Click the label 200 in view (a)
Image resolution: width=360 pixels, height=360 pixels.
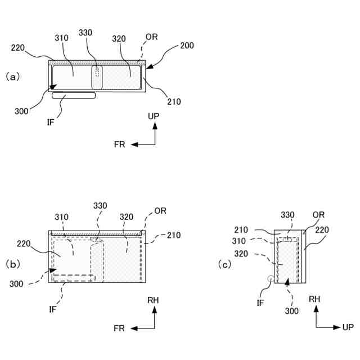186,46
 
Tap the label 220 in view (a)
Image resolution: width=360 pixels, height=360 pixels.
18,48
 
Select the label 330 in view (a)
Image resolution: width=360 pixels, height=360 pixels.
85,33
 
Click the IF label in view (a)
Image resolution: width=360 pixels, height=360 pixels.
51,121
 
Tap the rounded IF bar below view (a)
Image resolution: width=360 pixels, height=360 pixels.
74,96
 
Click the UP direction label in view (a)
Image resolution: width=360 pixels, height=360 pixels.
154,116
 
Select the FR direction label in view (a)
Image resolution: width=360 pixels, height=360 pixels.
119,145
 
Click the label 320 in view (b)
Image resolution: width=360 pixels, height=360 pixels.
126,217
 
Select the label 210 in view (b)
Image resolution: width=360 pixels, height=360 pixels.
174,235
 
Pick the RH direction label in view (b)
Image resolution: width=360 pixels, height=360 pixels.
153,300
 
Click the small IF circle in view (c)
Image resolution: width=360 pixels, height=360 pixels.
270,278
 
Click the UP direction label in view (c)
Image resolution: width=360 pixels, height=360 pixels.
348,327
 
